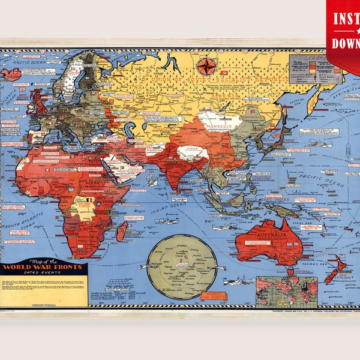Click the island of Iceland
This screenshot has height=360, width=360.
(x=11, y=74)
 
